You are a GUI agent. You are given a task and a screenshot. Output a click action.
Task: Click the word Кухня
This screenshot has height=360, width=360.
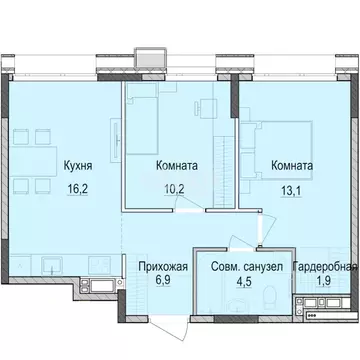(79, 166)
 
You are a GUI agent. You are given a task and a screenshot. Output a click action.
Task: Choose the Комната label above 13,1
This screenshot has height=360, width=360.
(291, 166)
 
